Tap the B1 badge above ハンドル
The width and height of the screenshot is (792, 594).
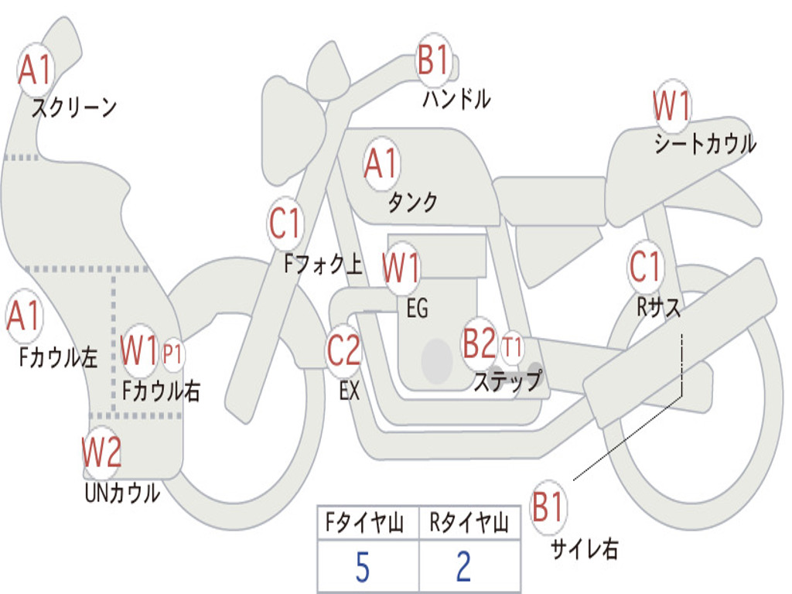434,60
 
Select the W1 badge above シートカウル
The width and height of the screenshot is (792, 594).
671,106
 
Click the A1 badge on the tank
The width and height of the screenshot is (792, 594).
381,163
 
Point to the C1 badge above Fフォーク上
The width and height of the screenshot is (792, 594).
285,224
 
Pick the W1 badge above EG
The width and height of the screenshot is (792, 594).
401,268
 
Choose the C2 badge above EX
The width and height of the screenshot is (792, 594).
343,350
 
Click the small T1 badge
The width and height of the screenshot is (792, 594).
512,346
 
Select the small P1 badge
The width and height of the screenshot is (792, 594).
173,354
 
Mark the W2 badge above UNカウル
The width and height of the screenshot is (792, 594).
102,452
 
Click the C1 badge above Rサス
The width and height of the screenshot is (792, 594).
645,267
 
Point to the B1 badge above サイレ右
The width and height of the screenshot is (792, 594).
548,508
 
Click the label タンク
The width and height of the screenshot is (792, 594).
412,202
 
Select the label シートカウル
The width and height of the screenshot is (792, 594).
705,145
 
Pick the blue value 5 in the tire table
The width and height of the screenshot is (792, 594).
362,567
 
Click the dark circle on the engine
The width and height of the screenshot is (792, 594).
437,359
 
